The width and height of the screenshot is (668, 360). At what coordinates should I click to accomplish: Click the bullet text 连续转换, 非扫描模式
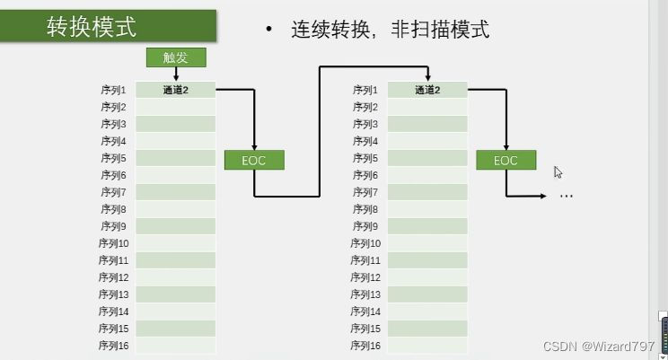[389, 29]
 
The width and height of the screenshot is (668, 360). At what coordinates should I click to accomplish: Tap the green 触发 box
[176, 58]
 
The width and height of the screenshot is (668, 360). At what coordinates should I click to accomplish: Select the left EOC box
[255, 160]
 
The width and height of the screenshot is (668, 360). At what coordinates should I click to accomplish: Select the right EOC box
[506, 161]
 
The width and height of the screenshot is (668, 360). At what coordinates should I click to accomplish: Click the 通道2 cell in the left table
[176, 90]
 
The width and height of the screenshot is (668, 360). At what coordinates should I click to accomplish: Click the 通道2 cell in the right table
[427, 90]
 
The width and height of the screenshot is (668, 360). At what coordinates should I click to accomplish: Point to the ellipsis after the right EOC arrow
[566, 194]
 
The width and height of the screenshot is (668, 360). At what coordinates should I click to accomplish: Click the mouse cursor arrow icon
[558, 172]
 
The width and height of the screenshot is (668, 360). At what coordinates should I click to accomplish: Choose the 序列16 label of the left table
[115, 346]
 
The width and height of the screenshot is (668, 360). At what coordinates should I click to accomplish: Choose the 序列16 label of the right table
[366, 346]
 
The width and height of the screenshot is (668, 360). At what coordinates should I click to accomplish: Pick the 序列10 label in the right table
[366, 243]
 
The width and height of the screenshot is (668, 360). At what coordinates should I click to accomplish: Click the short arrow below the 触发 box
[176, 75]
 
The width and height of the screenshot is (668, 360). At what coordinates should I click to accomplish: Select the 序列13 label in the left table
[115, 294]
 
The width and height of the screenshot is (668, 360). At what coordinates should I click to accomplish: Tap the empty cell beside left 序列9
[176, 226]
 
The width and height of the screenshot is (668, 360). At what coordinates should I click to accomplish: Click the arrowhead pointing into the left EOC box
[255, 146]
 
